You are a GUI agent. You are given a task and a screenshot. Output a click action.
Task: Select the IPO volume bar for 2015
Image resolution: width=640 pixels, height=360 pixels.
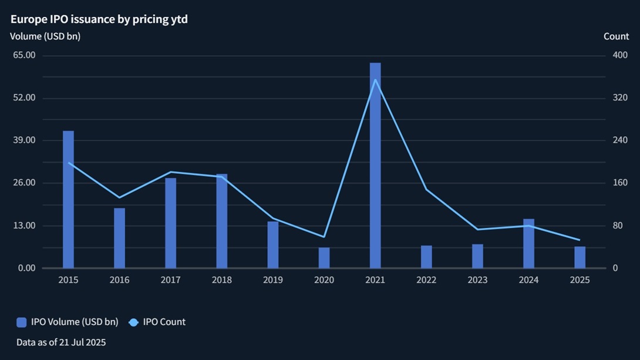[68, 200]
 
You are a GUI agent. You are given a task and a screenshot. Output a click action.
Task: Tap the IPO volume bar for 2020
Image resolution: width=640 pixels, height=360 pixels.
[324, 258]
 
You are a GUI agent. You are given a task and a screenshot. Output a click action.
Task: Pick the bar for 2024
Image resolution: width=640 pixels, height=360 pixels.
[528, 244]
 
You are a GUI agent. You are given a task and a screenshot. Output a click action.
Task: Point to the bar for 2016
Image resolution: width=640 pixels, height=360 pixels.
[119, 238]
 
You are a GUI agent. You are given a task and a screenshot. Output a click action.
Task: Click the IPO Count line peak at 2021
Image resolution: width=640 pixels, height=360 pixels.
[375, 79]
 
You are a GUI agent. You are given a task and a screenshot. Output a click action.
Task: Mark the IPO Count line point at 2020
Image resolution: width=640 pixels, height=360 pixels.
[324, 237]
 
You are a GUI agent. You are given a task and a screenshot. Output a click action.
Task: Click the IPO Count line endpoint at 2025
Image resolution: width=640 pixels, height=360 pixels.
[580, 240]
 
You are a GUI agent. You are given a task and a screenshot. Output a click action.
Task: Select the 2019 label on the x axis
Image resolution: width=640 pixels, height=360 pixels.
[273, 280]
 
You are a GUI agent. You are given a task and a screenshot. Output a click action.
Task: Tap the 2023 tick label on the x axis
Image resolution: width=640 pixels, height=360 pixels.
[477, 280]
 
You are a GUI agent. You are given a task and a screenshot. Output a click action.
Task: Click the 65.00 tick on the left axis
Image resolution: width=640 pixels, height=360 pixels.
[24, 55]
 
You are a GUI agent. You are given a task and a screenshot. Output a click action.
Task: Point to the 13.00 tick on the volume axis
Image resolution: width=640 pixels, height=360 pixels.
[24, 226]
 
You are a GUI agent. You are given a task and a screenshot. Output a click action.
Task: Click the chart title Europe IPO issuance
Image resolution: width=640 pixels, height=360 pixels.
[99, 19]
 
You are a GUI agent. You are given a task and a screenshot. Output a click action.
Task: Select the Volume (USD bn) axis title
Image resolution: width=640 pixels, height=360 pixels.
[45, 36]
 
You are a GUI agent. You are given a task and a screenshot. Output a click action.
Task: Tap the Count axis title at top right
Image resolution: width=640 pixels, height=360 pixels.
[616, 36]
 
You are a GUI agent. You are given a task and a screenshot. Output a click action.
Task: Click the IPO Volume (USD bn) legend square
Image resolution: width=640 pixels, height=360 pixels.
[22, 322]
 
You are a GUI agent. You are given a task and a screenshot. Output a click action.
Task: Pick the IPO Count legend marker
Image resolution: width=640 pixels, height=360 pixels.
[133, 322]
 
